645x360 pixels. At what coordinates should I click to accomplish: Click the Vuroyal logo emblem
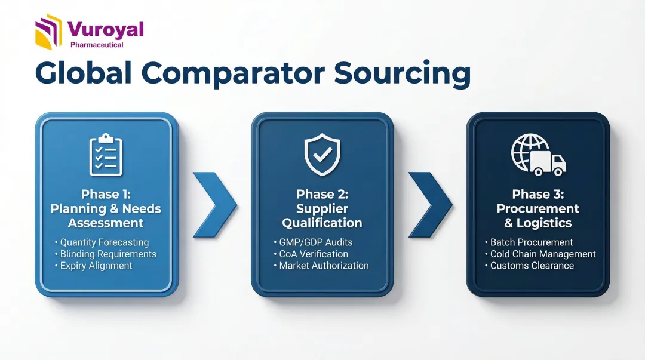(48, 32)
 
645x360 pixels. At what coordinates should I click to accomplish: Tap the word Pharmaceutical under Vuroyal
(97, 45)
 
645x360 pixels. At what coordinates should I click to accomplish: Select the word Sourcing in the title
(402, 73)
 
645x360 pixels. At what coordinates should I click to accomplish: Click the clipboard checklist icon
(106, 155)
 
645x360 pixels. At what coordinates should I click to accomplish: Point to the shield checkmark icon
(322, 154)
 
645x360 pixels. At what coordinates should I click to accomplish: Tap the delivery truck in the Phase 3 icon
(548, 162)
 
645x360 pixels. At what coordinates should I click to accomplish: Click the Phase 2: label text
(322, 194)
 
